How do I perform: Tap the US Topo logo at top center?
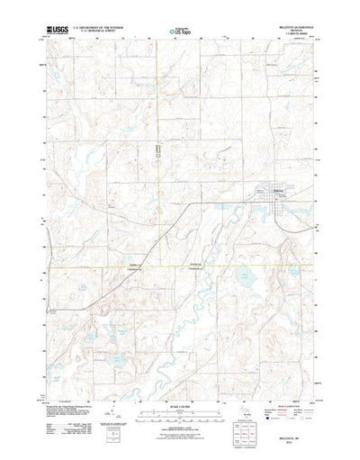pyautogui.click(x=180, y=32)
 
